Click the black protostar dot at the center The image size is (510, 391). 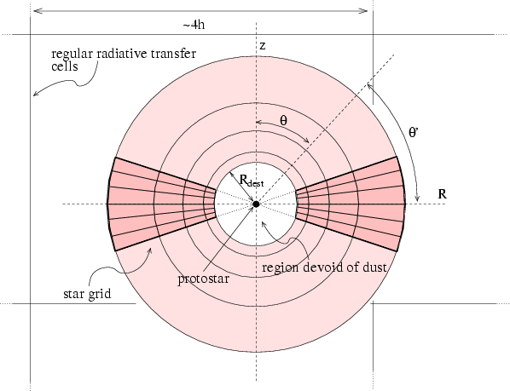coord(256,204)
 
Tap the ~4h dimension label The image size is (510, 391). coord(194,25)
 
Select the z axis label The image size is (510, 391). coord(263,46)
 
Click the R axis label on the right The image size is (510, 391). coord(442,194)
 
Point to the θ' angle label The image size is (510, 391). coord(414,132)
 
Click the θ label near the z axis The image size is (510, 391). coord(284,121)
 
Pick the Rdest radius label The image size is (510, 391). coord(252,181)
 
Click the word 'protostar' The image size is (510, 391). coord(203,279)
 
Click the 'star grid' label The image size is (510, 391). coord(87,294)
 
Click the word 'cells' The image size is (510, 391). coord(65,66)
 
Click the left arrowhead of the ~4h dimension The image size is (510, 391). coord(38,11)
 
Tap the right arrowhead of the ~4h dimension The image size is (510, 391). coord(363,11)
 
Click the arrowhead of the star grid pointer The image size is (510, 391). coord(150,250)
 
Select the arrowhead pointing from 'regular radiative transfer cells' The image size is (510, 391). coord(36,94)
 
